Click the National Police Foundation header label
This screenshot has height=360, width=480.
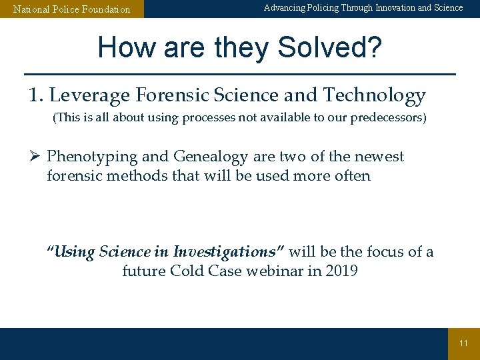coord(72,9)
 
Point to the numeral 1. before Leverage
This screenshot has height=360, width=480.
coord(36,96)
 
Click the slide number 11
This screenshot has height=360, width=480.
coord(463,343)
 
